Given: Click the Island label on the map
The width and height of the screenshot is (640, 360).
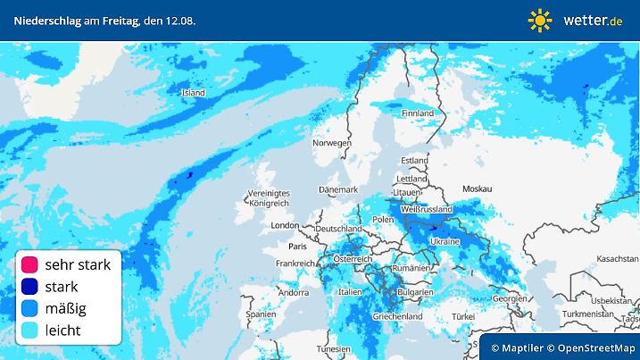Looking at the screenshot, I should click(193, 93).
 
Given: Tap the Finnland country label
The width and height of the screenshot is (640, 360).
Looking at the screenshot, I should click(417, 114).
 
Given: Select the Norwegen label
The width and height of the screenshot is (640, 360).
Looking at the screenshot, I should click(331, 143).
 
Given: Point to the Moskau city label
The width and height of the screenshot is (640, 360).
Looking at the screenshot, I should click(478, 189).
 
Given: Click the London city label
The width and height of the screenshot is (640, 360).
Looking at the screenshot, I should click(284, 226).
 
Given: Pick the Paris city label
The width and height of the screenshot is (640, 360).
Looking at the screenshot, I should click(297, 245).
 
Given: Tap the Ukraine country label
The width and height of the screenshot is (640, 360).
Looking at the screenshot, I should click(445, 242).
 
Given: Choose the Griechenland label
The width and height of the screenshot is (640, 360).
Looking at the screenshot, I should click(397, 316).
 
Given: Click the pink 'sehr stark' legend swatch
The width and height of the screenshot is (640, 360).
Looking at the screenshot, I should click(30, 264).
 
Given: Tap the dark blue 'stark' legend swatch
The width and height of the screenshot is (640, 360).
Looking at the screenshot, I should click(30, 287).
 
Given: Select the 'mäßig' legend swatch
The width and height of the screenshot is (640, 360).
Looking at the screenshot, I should click(30, 309).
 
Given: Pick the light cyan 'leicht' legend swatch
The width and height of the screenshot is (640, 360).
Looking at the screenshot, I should click(30, 331).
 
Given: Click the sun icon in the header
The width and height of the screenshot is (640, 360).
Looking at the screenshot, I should click(540, 20).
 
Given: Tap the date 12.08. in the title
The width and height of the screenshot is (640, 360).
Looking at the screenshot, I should click(180, 20).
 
